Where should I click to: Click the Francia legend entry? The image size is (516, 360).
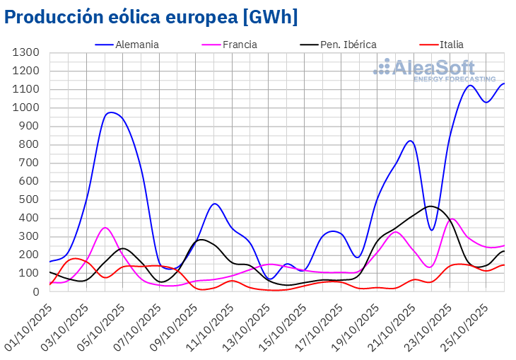pos(240,45)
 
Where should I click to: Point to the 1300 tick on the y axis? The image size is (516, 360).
pos(25,53)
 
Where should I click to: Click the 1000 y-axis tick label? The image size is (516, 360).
pos(25,108)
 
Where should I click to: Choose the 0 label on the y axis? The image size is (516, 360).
pos(35,291)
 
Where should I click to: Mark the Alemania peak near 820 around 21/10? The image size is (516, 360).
pos(411,141)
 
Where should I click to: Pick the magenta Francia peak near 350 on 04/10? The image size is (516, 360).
pos(105,228)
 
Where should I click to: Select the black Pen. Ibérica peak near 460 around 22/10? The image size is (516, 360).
pos(430,207)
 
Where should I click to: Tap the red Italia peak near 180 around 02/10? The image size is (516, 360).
pos(75,258)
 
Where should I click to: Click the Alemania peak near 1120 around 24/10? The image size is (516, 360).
pos(470,86)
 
